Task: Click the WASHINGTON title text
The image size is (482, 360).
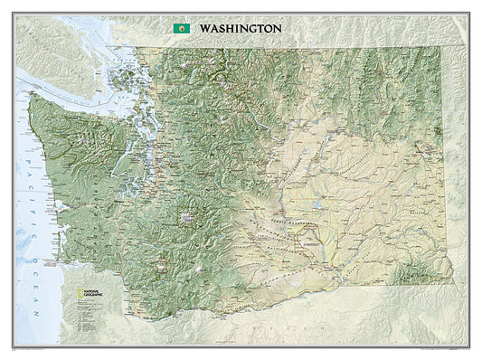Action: point(240,28)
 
